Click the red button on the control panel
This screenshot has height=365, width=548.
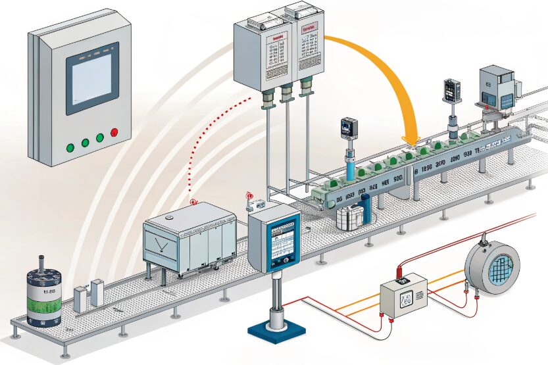pyautogui.click(x=114, y=133)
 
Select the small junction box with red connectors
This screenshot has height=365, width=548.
pyautogui.click(x=403, y=293)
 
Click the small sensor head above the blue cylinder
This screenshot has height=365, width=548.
pyautogui.click(x=347, y=128)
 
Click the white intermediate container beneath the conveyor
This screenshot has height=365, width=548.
pyautogui.click(x=349, y=216)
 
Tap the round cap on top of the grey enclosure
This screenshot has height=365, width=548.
pyautogui.click(x=168, y=215)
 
